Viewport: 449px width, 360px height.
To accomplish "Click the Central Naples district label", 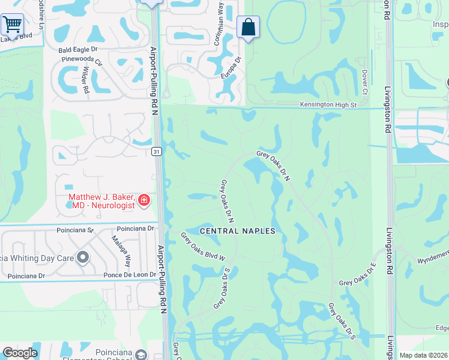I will (237, 231).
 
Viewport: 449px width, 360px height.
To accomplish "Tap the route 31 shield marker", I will (155, 151).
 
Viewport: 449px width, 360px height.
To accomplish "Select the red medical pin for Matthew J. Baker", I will (143, 200).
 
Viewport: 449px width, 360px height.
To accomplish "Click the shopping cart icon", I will (11, 25).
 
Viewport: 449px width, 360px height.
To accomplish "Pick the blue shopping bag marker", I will (248, 27).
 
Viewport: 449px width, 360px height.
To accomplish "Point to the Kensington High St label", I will (328, 105).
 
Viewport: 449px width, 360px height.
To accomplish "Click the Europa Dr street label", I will (234, 69).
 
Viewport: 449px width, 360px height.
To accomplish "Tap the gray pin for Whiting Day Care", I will (83, 258).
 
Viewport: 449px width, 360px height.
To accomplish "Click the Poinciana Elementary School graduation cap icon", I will (140, 355).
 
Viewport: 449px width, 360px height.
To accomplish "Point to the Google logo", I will (20, 353).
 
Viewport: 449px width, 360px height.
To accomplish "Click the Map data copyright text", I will (423, 355).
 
